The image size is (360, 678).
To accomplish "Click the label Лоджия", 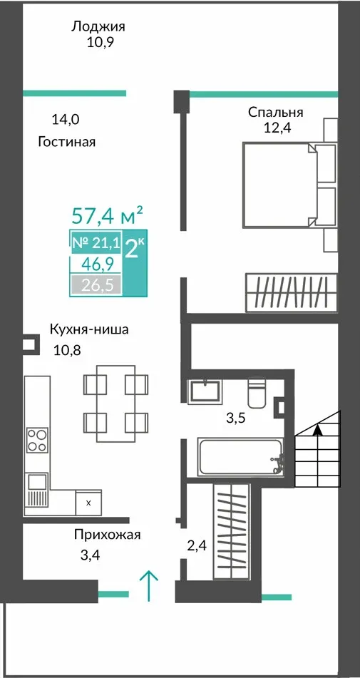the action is click(98, 27).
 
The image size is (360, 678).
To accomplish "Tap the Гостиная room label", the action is click(66, 141).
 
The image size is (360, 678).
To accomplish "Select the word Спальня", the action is click(275, 113).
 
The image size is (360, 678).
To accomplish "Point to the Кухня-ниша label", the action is click(89, 329).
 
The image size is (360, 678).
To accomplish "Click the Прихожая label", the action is click(107, 535).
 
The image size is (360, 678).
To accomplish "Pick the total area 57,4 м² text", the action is click(107, 215).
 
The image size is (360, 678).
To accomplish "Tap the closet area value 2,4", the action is click(197, 545).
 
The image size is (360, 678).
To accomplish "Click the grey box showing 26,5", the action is click(96, 285).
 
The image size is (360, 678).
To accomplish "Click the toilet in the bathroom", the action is click(257, 393).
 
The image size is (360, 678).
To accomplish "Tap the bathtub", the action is click(241, 457).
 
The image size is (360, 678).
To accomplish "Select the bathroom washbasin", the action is click(204, 391).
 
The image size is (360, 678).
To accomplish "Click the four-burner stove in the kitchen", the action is click(37, 440).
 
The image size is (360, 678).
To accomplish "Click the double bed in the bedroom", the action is click(279, 185).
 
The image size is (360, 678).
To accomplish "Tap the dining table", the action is click(115, 404).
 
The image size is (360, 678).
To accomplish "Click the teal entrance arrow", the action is click(149, 586).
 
